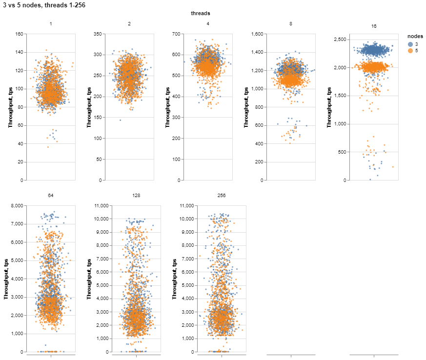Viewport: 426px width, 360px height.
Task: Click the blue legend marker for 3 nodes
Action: [410, 44]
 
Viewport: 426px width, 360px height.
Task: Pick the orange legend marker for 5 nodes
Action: [410, 50]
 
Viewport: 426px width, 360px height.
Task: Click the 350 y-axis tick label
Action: [98, 34]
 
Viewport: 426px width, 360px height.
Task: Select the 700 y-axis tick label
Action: [176, 34]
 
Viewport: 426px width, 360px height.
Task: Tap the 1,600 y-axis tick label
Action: [251, 34]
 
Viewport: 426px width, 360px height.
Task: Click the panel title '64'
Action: [51, 195]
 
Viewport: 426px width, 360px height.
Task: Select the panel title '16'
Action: [374, 25]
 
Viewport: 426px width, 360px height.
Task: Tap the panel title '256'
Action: [222, 195]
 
